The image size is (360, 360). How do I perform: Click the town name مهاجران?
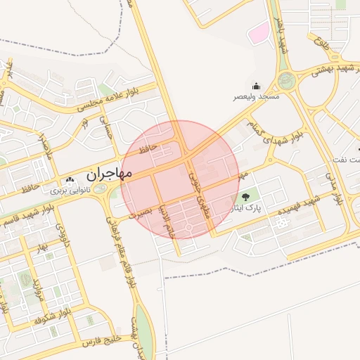click(x=110, y=172)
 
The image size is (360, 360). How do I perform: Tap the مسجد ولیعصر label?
click(x=257, y=96)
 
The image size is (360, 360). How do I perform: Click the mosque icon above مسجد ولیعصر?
click(x=256, y=85)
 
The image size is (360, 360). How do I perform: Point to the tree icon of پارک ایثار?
click(x=245, y=197)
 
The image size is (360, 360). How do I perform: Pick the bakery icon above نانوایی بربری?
click(x=69, y=180)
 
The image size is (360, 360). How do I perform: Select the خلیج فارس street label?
click(x=103, y=340)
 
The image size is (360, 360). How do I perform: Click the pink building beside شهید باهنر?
click(x=260, y=32)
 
